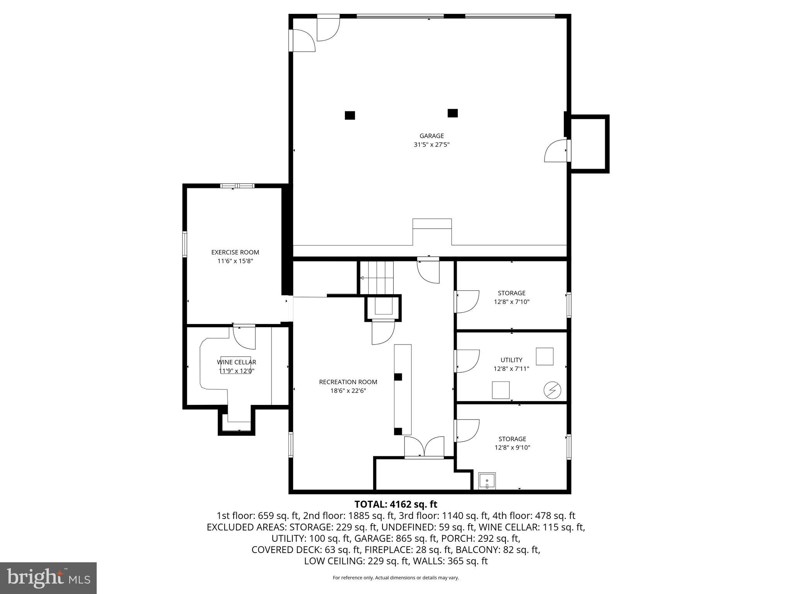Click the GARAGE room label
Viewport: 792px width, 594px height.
click(432, 136)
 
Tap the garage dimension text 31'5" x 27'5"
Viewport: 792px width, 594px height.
click(432, 145)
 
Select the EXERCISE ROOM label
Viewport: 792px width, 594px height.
click(235, 252)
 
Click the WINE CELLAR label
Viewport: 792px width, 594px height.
click(236, 362)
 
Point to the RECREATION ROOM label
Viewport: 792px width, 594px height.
click(348, 382)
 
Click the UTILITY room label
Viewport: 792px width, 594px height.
click(511, 360)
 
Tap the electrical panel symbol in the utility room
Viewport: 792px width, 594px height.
click(552, 390)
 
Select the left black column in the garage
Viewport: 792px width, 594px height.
click(350, 115)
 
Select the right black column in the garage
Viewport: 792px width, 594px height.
click(453, 113)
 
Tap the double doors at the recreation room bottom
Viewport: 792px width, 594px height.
click(424, 447)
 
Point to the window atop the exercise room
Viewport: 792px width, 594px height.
click(237, 186)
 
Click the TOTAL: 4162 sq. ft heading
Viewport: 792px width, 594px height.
click(396, 504)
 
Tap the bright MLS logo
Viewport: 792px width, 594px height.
click(48, 578)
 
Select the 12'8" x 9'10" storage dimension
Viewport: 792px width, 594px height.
click(512, 448)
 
